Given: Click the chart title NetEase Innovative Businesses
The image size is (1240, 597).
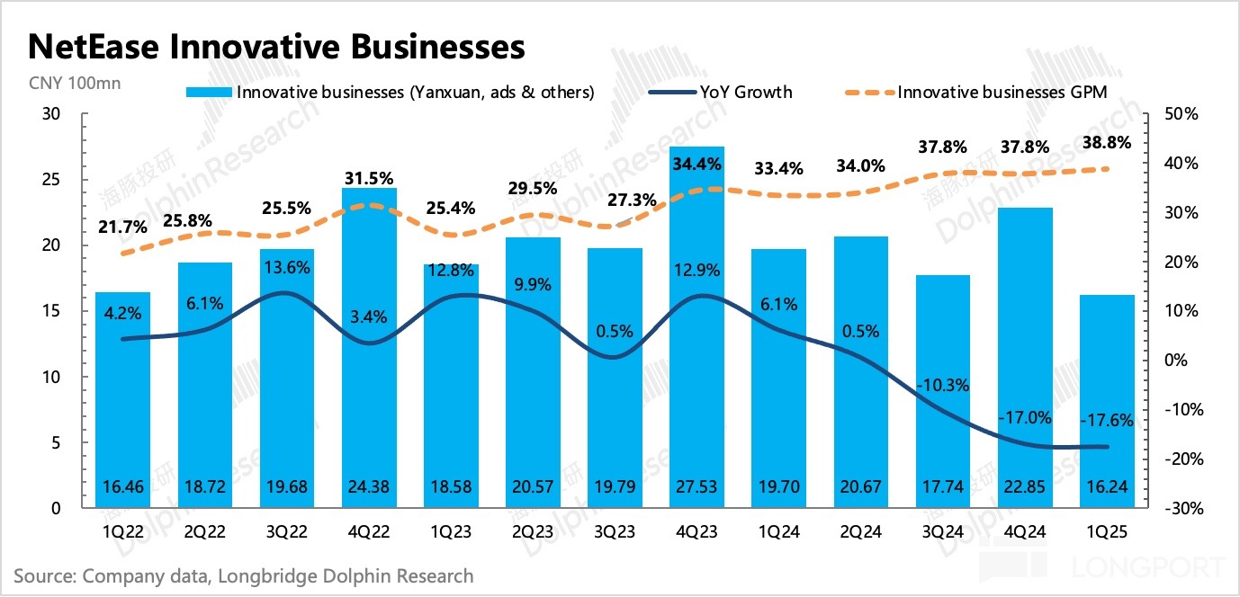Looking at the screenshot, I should [x=277, y=47].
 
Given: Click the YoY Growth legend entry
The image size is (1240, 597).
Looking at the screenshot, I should [x=720, y=92].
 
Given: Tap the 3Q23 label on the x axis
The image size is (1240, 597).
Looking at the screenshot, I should [x=615, y=532].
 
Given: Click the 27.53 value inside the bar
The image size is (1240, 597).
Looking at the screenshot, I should [x=696, y=486].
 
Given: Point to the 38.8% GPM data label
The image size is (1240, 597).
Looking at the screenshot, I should [x=1107, y=143].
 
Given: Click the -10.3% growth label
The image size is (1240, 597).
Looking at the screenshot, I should [x=942, y=386].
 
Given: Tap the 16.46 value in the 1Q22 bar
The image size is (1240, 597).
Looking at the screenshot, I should [x=122, y=486].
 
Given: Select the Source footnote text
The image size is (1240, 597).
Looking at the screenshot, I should [x=243, y=576].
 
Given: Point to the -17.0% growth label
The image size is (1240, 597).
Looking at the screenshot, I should [x=1025, y=416].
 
